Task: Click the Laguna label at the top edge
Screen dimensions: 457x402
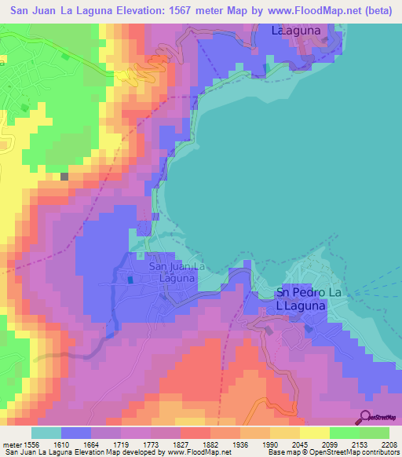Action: [298, 31]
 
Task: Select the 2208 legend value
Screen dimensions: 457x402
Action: [391, 444]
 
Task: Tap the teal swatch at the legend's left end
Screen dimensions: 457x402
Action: [46, 433]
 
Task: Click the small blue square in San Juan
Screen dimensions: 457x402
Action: [130, 279]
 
